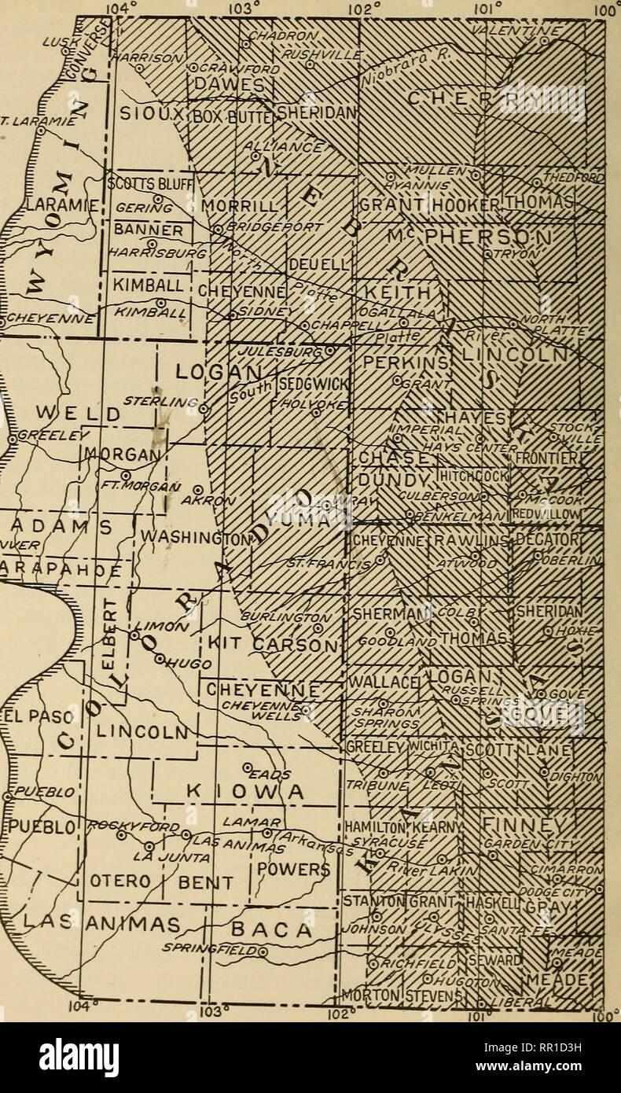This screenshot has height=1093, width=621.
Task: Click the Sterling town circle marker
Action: point(203,409)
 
